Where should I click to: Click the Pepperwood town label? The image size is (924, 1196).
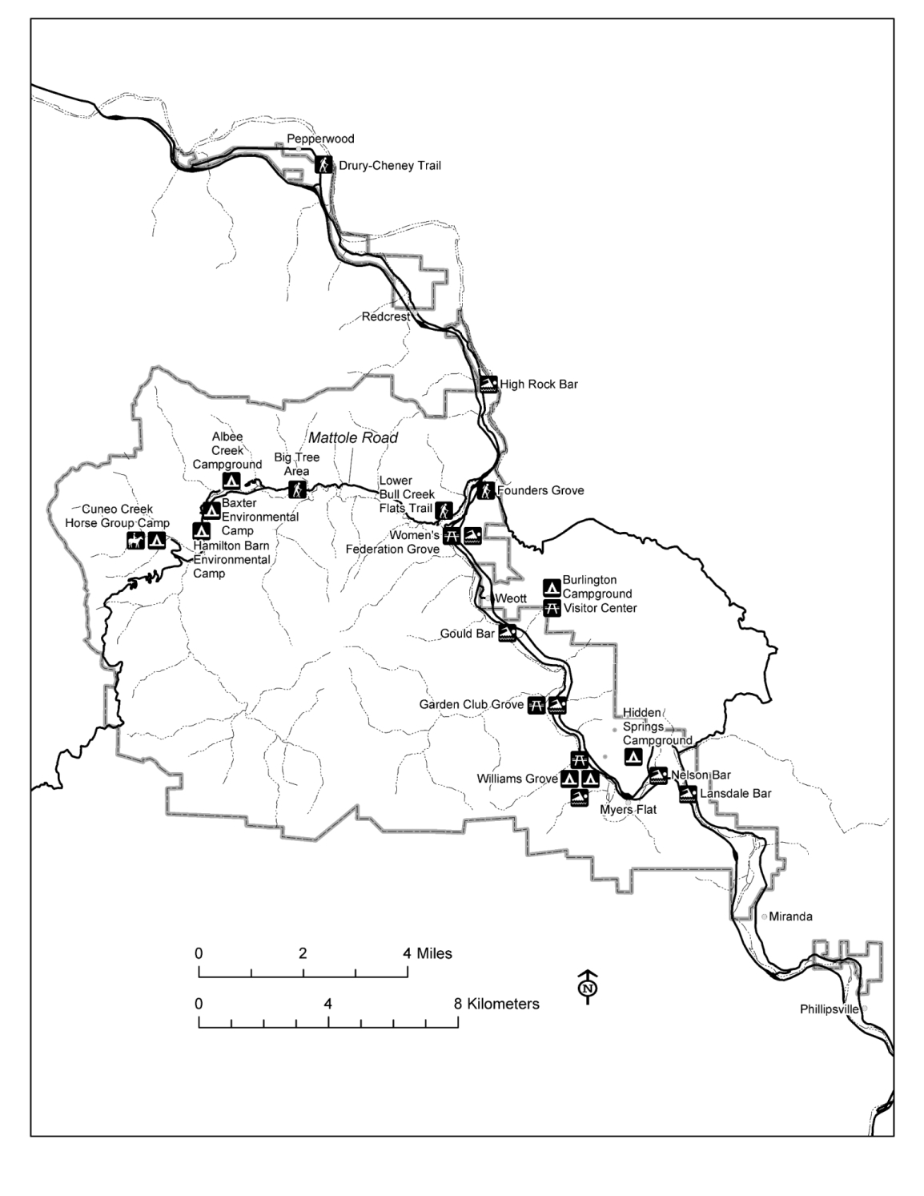[320, 139]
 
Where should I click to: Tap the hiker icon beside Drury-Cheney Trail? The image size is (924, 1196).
[323, 165]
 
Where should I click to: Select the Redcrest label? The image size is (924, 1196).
[386, 316]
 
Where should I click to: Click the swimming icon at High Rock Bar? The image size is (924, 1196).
[489, 384]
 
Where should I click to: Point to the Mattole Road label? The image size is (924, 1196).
[353, 438]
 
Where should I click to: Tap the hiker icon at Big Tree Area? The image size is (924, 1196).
[297, 489]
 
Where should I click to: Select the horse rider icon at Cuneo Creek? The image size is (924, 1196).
[135, 542]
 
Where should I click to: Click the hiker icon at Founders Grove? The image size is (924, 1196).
[485, 490]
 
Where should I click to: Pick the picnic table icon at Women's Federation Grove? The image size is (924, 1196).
[452, 536]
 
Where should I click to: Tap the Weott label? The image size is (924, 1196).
[510, 598]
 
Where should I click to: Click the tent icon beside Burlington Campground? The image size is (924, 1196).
[552, 586]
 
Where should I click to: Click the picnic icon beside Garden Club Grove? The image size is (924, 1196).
[536, 705]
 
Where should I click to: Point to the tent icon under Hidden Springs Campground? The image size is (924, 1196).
[633, 755]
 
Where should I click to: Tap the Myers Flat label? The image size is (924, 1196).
[628, 809]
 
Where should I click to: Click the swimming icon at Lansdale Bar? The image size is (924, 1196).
[687, 794]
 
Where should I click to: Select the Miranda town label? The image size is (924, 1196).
[790, 916]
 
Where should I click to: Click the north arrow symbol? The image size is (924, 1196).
[589, 986]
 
